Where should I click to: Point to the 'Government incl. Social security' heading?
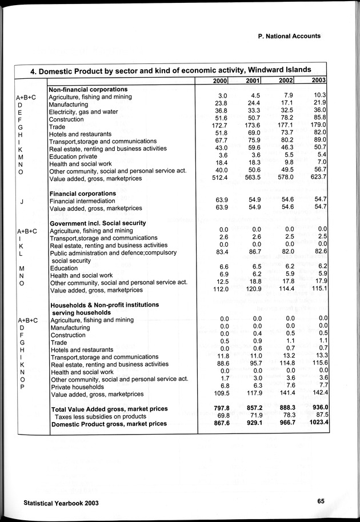pos(98,223)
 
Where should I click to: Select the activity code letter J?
pos(21,201)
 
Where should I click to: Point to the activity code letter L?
pos(21,253)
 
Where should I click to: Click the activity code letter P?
pos(21,387)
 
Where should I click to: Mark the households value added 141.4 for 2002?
pos(284,394)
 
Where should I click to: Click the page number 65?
pos(321,501)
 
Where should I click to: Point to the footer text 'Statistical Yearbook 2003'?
pos(58,503)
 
